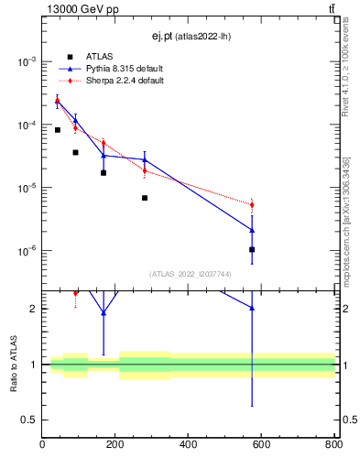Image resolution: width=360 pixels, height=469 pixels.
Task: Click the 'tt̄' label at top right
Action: pyautogui.click(x=331, y=9)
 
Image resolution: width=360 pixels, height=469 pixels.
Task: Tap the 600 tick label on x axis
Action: pyautogui.click(x=261, y=445)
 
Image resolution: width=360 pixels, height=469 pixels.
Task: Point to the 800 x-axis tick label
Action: pyautogui.click(x=333, y=445)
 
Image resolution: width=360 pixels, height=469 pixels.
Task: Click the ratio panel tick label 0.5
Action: pyautogui.click(x=27, y=420)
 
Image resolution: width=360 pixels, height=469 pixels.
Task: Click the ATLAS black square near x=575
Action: pyautogui.click(x=252, y=249)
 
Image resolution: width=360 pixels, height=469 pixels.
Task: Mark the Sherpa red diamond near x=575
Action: pyautogui.click(x=252, y=204)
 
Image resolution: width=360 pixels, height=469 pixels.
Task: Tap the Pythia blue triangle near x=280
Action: pyautogui.click(x=145, y=159)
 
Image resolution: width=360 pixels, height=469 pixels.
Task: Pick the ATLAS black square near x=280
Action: pyautogui.click(x=145, y=198)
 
